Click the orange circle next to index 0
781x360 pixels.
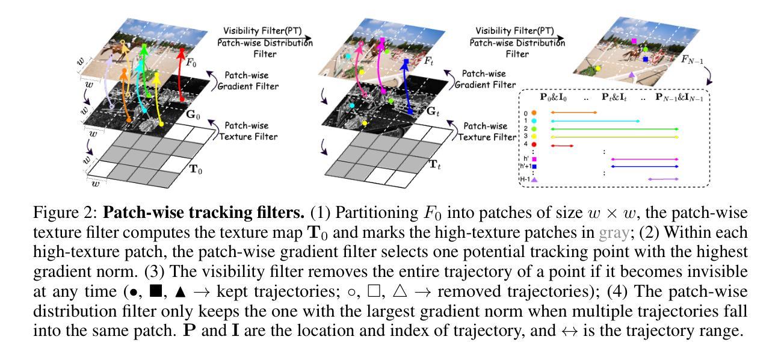click(534, 113)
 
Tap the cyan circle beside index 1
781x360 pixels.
click(534, 121)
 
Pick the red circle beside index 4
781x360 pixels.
click(534, 145)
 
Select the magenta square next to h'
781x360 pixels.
click(534, 159)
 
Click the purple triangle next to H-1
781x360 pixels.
click(534, 179)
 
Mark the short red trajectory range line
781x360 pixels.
click(562, 145)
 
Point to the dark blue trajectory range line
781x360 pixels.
click(644, 166)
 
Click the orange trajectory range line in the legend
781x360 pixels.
click(573, 113)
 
